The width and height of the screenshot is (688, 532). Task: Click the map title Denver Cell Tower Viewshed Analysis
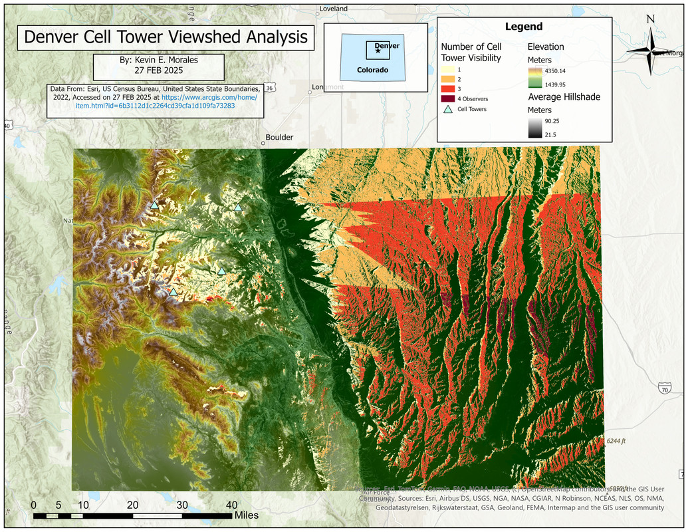coord(166,37)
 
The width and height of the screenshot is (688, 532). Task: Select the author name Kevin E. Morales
coord(159,60)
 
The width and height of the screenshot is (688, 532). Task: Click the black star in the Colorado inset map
coord(378,51)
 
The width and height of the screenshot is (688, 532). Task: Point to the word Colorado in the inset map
coord(372,70)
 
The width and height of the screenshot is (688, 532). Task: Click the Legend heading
coord(523,27)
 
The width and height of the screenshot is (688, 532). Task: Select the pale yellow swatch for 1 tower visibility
coord(449,69)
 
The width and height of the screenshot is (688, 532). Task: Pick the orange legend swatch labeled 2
coord(449,78)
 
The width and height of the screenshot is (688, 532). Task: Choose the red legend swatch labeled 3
coord(449,88)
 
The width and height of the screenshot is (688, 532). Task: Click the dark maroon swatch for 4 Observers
coord(449,98)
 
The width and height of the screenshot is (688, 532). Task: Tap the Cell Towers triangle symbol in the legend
coord(449,109)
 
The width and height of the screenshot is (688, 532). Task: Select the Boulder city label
coord(279,138)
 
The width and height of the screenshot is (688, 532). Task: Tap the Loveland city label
coord(334,9)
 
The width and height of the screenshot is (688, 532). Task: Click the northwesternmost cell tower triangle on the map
coord(154,205)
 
